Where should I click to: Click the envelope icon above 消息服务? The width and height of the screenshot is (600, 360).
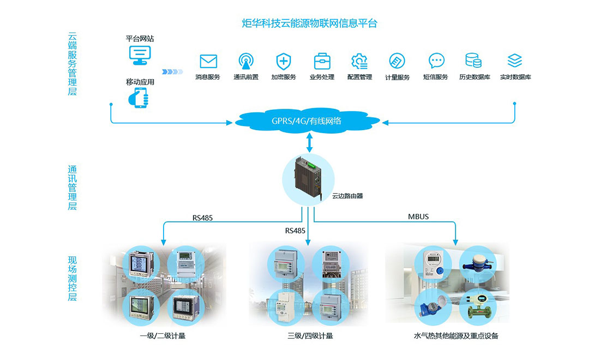click(x=208, y=61)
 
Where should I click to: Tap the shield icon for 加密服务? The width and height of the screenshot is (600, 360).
click(x=284, y=61)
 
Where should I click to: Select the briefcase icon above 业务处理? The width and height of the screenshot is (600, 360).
click(x=322, y=61)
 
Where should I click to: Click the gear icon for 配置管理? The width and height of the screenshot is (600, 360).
click(x=359, y=61)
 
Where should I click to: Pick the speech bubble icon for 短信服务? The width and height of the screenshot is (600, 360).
click(x=436, y=61)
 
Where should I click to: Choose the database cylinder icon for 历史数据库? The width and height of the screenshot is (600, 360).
click(x=473, y=61)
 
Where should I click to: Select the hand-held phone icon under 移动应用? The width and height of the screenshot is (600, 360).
click(x=139, y=98)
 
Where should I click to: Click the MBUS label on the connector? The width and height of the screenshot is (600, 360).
click(x=418, y=217)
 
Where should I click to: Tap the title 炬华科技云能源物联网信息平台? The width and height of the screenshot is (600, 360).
click(x=309, y=23)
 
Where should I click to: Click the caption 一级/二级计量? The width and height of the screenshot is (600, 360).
click(x=163, y=336)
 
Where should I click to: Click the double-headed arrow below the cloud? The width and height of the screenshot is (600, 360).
click(x=309, y=142)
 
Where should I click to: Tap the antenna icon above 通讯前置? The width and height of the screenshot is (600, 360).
click(x=246, y=61)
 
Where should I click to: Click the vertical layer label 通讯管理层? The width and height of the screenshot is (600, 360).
click(x=72, y=188)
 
